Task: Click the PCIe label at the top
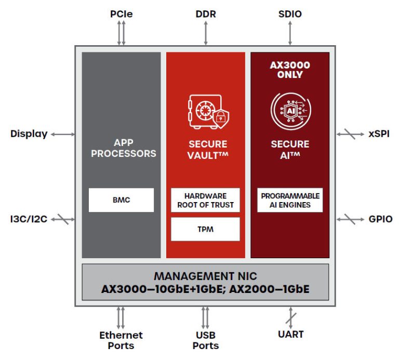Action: [x=121, y=14]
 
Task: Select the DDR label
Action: [x=206, y=14]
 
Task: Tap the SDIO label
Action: [x=290, y=14]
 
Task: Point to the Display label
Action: [x=29, y=134]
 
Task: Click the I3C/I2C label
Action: [x=29, y=219]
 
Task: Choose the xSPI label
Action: [x=379, y=134]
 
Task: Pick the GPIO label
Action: [x=380, y=219]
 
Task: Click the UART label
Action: [x=291, y=334]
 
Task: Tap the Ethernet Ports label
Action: [x=121, y=340]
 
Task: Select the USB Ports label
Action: [x=206, y=340]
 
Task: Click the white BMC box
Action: [x=121, y=200]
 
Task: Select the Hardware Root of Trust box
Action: [x=206, y=200]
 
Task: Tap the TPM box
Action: [x=206, y=229]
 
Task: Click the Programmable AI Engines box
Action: [x=290, y=200]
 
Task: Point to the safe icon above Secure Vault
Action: [x=207, y=111]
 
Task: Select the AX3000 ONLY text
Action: [x=290, y=70]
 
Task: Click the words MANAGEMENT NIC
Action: [x=206, y=276]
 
